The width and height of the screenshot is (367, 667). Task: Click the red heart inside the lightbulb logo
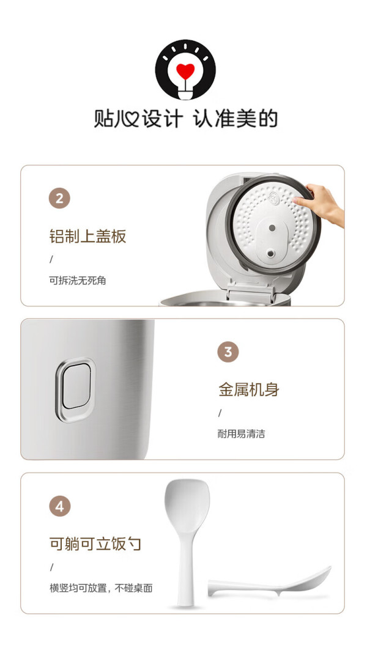click(185, 71)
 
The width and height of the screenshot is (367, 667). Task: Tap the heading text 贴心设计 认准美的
click(185, 119)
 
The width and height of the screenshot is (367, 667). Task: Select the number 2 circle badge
click(59, 198)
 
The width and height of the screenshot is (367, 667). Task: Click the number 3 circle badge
click(228, 352)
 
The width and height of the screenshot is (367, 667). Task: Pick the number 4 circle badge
click(59, 506)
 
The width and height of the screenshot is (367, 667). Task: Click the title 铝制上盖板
click(87, 236)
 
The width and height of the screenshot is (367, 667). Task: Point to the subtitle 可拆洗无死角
click(78, 281)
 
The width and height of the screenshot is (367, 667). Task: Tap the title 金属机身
click(249, 389)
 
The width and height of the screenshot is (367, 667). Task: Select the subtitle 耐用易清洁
click(242, 434)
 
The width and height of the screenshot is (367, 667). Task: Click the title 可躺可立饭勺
click(95, 544)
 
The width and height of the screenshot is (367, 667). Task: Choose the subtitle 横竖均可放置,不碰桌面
click(101, 588)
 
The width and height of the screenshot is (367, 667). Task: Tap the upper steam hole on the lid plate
click(272, 227)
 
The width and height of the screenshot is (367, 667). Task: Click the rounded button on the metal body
click(76, 389)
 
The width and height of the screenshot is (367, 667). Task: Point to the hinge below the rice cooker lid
click(250, 294)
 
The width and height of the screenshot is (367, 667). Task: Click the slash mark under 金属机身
click(220, 413)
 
